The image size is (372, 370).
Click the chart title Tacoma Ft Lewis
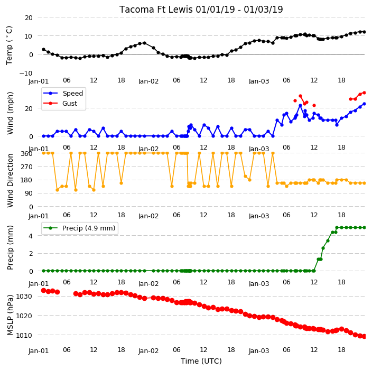[156, 10]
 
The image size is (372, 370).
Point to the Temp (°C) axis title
[9, 45]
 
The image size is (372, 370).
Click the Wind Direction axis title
[10, 180]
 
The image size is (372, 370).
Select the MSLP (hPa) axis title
[10, 315]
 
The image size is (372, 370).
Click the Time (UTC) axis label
[201, 361]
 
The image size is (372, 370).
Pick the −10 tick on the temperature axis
[26, 73]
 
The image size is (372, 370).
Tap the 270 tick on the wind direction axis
[26, 167]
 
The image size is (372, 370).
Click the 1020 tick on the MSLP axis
[24, 316]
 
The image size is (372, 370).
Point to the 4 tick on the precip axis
[31, 236]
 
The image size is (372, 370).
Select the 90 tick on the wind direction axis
[29, 193]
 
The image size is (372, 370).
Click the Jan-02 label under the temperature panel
[148, 81]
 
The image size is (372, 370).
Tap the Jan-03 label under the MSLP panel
[259, 351]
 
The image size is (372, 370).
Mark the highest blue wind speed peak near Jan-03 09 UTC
[300, 105]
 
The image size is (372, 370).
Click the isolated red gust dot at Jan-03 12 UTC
[314, 105]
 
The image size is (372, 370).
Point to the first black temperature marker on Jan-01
[44, 49]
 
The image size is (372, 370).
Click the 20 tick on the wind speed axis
[29, 109]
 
